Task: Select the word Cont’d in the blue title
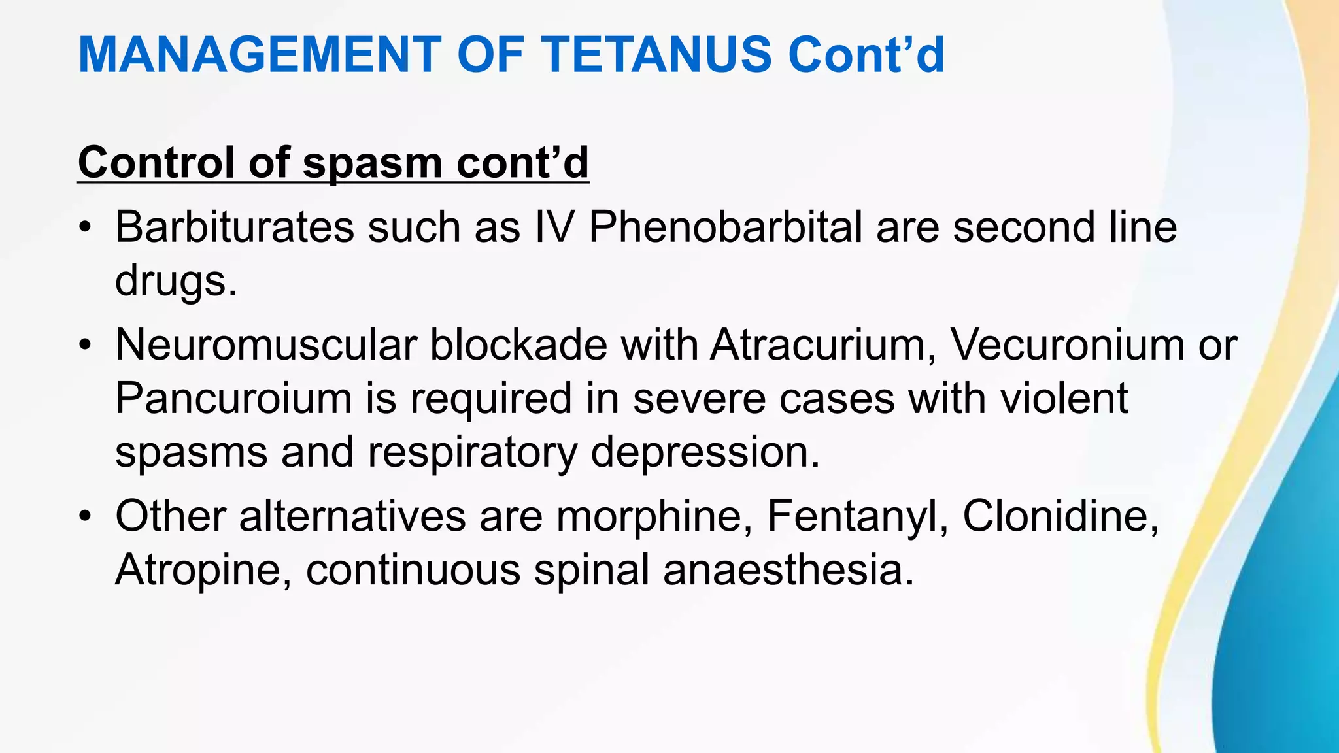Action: coord(866,54)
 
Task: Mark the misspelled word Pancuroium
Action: coord(233,398)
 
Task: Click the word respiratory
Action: coord(472,452)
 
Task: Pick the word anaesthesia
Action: coord(788,570)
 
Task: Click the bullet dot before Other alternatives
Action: coord(84,517)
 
